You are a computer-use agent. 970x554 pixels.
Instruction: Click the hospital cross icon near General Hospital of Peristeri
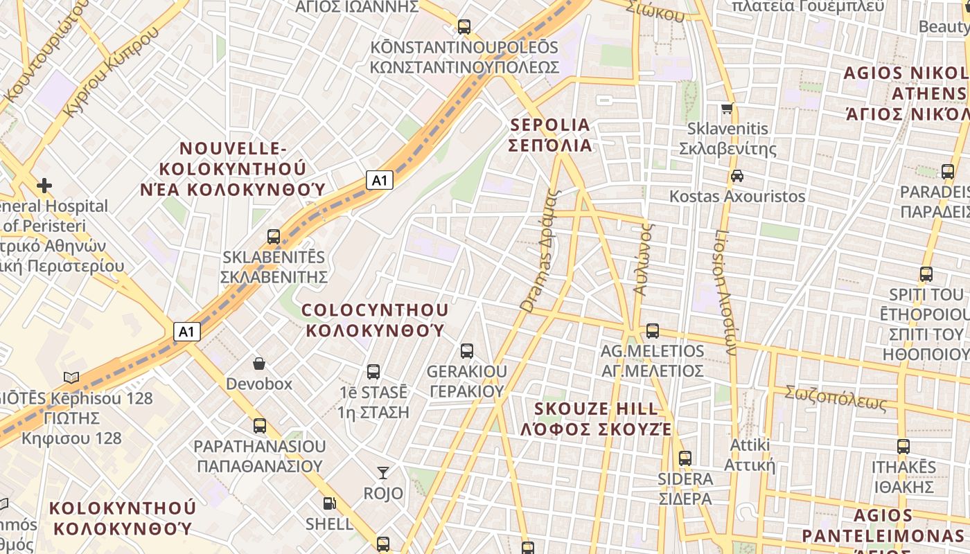pos(44,185)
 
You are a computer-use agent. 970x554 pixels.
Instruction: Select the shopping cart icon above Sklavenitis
pos(727,109)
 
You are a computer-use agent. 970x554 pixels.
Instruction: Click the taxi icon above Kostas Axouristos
pos(737,176)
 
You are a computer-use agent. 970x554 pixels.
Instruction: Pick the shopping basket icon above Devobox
pos(259,364)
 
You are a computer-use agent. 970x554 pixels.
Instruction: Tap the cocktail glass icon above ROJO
pos(382,473)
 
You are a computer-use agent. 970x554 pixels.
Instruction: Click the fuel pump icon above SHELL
pos(329,503)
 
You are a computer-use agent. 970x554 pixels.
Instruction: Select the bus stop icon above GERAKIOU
pos(467,351)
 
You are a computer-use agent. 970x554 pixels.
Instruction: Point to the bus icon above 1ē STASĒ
pos(373,372)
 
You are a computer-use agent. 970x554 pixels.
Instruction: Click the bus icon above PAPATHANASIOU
pos(260,426)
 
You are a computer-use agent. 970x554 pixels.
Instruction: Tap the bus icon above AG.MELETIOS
pos(652,331)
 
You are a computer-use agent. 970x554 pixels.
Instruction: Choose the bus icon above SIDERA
pos(685,458)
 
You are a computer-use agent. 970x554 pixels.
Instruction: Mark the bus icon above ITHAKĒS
pos(903,447)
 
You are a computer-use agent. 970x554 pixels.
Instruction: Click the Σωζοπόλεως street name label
pos(836,397)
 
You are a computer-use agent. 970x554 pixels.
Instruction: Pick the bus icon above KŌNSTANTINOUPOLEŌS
pos(464,28)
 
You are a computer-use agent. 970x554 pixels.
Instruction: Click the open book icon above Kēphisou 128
pos(71,377)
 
